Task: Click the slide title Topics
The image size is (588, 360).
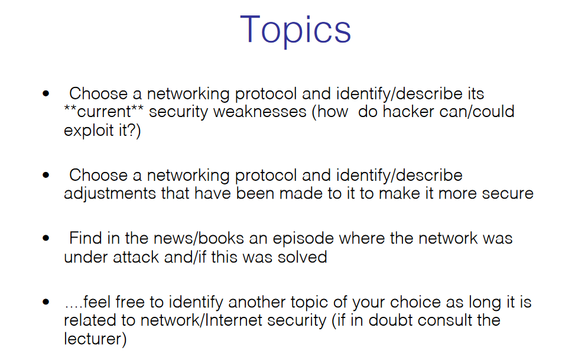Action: click(x=295, y=30)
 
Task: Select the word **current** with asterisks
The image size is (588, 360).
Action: click(x=103, y=112)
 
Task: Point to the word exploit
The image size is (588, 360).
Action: click(x=89, y=131)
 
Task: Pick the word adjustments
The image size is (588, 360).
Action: click(x=110, y=194)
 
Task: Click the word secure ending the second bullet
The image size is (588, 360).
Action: click(x=508, y=194)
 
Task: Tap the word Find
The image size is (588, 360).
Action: click(x=86, y=238)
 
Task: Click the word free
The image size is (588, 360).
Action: click(x=130, y=302)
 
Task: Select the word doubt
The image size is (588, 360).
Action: click(x=390, y=320)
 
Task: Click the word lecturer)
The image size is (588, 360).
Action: click(x=95, y=339)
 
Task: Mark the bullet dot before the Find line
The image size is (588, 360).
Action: click(x=46, y=238)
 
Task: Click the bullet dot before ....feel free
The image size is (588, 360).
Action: click(x=46, y=302)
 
